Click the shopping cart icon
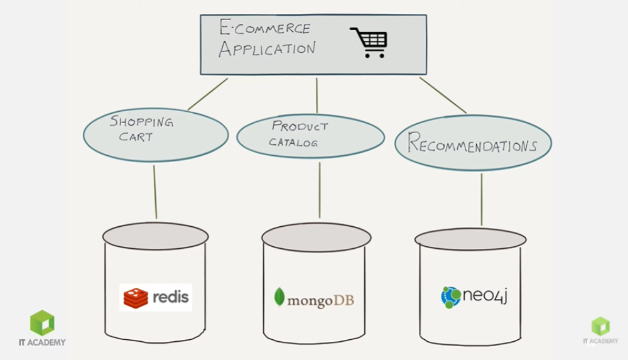coord(369,42)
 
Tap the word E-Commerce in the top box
coord(264,28)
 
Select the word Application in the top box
coord(267,49)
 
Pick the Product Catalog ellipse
coord(310,136)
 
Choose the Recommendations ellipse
coord(473,144)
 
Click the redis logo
coord(156,297)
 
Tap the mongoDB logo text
coord(320,300)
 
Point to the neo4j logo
coord(474,296)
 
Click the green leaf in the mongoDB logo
coord(279,298)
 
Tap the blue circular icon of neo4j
coord(451,297)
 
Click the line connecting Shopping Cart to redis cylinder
coord(155,192)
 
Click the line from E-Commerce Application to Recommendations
coord(443,95)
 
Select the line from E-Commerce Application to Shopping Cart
coord(208,94)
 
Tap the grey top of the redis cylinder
coord(155,236)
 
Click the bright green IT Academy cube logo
coord(42,323)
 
